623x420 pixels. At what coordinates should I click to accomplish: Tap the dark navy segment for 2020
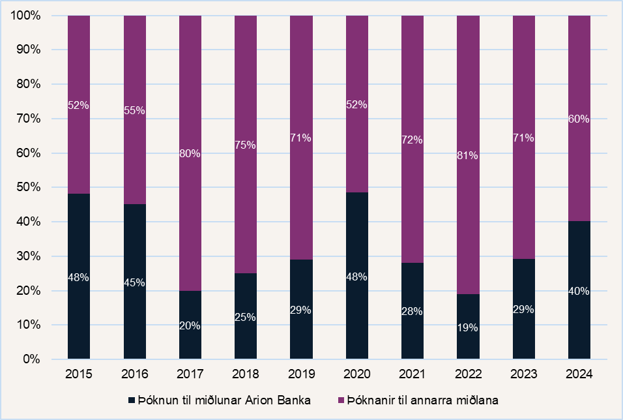pos(356,313)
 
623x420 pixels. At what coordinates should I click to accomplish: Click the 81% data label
pos(468,156)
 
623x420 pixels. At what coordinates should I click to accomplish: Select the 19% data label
pos(468,328)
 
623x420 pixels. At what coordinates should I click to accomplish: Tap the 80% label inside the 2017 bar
pos(190,154)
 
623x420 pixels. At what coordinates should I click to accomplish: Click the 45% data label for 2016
pos(135,282)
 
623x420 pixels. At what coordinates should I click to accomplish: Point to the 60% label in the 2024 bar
pos(579,119)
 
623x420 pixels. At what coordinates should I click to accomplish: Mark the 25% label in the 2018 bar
pos(246,318)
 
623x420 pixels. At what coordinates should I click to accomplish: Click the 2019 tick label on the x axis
pos(301,375)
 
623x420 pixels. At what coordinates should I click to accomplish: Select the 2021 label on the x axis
pos(413,375)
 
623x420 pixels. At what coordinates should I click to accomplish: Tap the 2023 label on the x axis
pos(523,375)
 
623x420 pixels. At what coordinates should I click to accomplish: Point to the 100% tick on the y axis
pos(26,15)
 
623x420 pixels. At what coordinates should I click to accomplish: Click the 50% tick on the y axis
pos(29,187)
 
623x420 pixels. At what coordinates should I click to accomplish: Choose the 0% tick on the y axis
pos(31,359)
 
